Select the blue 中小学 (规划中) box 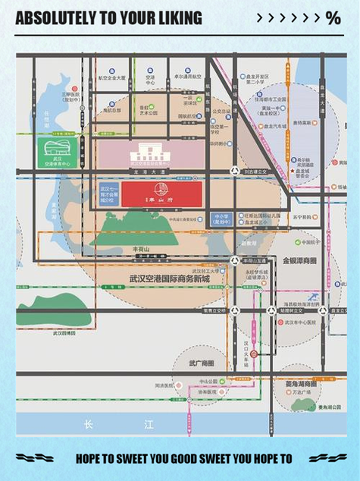click(x=221, y=219)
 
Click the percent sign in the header click(x=333, y=18)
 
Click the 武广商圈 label click(x=202, y=363)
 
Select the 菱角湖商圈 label click(x=302, y=385)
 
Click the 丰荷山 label click(x=141, y=248)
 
